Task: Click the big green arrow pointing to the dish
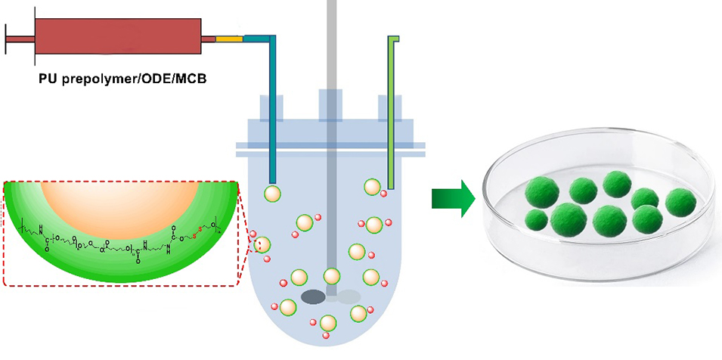452,198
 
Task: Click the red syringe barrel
117,36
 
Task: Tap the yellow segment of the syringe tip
229,37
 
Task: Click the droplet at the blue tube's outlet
273,194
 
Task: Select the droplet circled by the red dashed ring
262,245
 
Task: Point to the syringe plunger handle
8,36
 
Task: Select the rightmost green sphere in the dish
680,202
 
